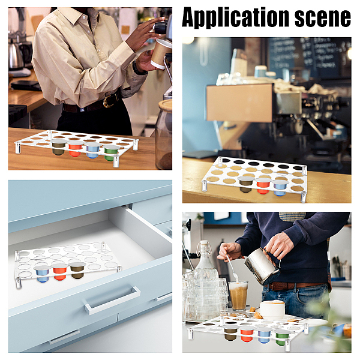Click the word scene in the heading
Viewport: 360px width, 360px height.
click(323, 17)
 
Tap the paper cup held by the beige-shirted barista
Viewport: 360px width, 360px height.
click(161, 54)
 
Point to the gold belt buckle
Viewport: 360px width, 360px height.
click(109, 101)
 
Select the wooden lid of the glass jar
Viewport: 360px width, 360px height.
click(166, 105)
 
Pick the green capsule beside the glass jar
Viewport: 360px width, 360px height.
click(110, 152)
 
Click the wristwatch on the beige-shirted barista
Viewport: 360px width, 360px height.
click(139, 68)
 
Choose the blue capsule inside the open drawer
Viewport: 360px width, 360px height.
click(43, 274)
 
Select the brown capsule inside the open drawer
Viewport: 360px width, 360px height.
click(77, 270)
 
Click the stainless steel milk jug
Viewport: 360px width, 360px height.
click(262, 266)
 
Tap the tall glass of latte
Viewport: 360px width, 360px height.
click(238, 296)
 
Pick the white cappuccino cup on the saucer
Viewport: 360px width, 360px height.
click(272, 310)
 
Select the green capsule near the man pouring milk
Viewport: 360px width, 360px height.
click(281, 337)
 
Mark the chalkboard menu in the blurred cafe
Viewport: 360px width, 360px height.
click(310, 58)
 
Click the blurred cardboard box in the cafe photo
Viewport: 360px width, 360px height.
click(239, 103)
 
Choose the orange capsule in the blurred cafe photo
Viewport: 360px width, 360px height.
click(263, 186)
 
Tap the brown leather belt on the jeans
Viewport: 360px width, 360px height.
click(296, 286)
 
